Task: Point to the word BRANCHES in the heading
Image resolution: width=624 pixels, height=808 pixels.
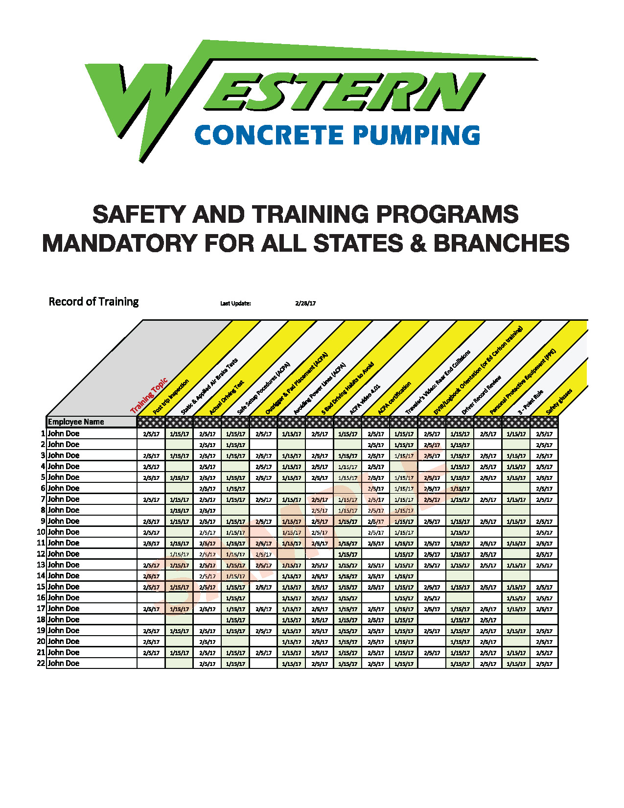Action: pos(502,243)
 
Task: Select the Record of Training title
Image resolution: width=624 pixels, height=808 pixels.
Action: pos(93,302)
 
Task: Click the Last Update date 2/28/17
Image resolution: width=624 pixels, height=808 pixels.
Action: pos(305,304)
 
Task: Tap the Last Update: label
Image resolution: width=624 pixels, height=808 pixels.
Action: pos(235,304)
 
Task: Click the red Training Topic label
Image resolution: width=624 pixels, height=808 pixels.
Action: pos(149,396)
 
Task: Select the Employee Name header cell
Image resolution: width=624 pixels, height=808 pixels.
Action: pos(76,422)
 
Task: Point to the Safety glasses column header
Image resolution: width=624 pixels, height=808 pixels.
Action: pos(559,402)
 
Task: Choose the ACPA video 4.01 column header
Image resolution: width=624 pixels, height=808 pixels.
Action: pos(365,400)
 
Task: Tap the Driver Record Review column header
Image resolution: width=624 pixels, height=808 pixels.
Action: pos(482,395)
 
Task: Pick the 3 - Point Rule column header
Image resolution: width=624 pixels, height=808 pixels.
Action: pos(531,402)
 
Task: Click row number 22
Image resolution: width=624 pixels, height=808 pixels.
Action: pos(41,664)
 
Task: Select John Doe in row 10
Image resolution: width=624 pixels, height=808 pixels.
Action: pos(64,532)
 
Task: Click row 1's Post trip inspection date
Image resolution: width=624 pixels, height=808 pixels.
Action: pos(151,434)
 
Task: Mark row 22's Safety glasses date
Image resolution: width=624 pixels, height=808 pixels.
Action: pos(544,664)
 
